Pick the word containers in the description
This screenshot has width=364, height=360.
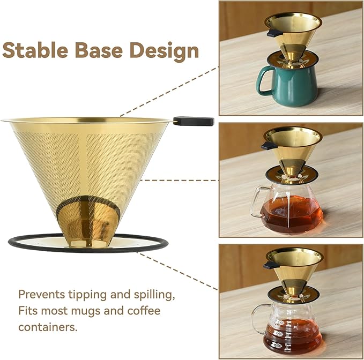pos(47,326)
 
